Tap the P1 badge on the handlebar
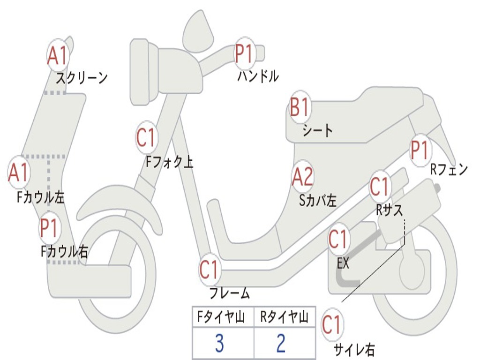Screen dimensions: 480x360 pyautogui.click(x=244, y=53)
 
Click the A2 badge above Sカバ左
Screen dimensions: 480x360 pyautogui.click(x=302, y=178)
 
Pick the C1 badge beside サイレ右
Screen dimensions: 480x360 pyautogui.click(x=331, y=324)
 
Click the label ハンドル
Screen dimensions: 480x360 pyautogui.click(x=258, y=76)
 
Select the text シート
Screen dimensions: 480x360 pyautogui.click(x=317, y=130)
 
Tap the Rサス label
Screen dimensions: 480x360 pyautogui.click(x=389, y=210)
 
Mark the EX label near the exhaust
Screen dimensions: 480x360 pyautogui.click(x=344, y=263)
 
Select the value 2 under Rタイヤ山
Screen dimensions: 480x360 pyautogui.click(x=281, y=344)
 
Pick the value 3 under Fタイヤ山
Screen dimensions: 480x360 pyautogui.click(x=219, y=344)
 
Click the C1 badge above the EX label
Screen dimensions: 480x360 pyautogui.click(x=339, y=240)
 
